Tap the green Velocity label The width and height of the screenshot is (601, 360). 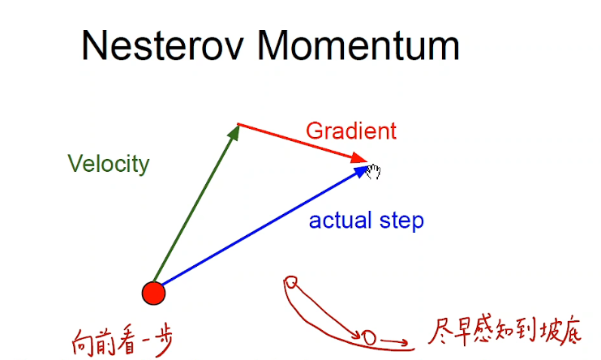109,164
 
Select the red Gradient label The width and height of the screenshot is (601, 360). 350,131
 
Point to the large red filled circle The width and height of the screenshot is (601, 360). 152,293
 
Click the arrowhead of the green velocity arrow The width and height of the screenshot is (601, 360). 235,131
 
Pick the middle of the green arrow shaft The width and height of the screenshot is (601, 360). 195,208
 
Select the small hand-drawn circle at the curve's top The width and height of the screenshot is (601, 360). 291,282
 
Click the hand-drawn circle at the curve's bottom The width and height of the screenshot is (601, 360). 368,336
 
